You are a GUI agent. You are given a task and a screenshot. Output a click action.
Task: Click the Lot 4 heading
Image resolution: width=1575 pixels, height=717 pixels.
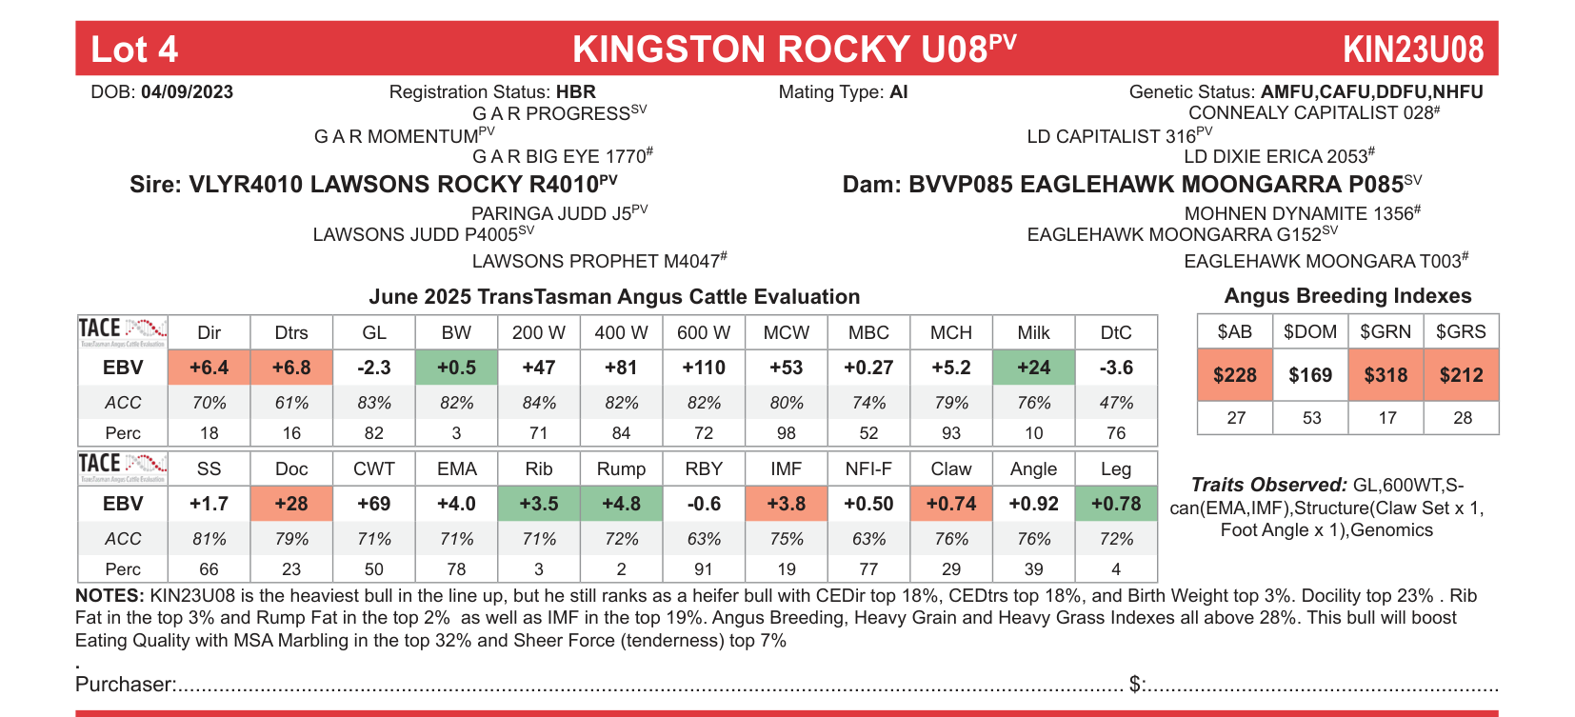[x=134, y=50]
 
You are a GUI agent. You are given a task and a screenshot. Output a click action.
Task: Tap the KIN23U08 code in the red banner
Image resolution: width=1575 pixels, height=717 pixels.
[x=1412, y=50]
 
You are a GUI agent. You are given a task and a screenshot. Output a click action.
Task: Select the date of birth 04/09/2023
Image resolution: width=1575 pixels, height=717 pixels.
[x=187, y=92]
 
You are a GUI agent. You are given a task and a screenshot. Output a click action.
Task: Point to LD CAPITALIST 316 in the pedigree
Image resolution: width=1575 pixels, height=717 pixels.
[x=1111, y=136]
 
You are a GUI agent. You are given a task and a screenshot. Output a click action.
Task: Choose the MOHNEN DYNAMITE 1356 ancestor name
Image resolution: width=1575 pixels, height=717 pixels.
[x=1298, y=213]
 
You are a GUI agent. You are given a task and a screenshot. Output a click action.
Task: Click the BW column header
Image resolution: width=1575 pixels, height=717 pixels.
[x=456, y=332]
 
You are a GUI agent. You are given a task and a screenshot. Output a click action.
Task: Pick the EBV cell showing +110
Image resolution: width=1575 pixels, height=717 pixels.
[x=704, y=368]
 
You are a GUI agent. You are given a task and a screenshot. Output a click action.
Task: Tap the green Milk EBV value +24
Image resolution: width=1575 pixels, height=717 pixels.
[x=1033, y=368]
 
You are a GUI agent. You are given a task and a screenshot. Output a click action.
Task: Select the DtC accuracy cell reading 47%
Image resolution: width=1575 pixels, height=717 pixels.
[x=1116, y=403]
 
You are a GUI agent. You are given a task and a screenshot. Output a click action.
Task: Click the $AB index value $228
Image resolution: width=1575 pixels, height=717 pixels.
[x=1235, y=375]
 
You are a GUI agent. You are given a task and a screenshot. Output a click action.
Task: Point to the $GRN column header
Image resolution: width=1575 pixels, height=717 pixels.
[x=1386, y=331]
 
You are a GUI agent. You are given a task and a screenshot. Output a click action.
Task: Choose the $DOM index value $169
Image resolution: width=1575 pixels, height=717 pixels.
[x=1310, y=375]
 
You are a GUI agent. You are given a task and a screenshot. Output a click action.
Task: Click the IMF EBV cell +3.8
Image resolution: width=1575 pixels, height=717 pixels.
[x=787, y=504]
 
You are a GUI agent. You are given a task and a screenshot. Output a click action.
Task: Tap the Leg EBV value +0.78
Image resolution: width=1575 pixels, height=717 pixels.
[x=1116, y=504]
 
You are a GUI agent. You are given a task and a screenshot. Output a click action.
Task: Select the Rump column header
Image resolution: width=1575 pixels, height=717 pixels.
[x=621, y=468]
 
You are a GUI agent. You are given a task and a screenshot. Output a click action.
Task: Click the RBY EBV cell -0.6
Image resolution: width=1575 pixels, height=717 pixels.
[x=704, y=504]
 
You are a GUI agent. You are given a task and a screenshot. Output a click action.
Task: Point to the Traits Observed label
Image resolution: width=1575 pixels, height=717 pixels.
[x=1268, y=485]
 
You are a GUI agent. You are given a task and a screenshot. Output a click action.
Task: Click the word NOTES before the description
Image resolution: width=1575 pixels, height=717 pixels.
[x=110, y=596]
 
